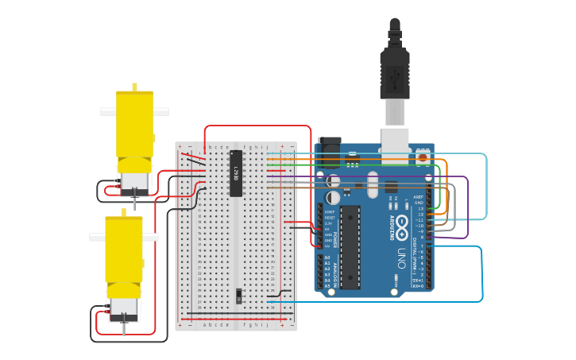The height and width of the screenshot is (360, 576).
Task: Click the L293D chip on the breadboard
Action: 235,172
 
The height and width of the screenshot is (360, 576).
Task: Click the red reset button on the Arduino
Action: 423,157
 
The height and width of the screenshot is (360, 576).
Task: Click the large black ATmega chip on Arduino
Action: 350,246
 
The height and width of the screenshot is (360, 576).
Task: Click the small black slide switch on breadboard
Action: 240,296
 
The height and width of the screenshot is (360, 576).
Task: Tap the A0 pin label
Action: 327,257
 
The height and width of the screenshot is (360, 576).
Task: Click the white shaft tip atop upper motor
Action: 134,87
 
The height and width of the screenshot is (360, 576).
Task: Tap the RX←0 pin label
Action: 418,285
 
